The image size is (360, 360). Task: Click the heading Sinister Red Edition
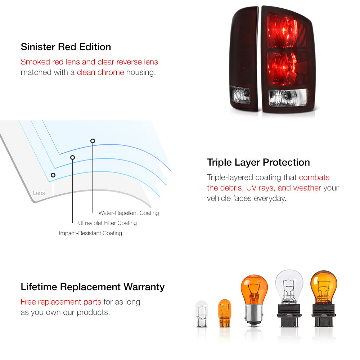[66, 47]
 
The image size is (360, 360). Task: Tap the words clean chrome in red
[100, 72]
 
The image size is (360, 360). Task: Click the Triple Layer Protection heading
[258, 163]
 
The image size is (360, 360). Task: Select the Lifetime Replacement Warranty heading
[93, 287]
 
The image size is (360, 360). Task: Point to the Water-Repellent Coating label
[129, 213]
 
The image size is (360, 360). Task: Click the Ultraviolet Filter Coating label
[107, 223]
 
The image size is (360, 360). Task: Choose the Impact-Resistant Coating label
[90, 233]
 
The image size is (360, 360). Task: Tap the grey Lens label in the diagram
[39, 193]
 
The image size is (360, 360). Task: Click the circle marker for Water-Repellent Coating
[93, 141]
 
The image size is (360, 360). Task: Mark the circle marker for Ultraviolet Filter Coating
[73, 158]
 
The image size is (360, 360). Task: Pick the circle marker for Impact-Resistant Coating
[53, 175]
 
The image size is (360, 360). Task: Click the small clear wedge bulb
[202, 314]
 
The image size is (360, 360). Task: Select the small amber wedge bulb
[224, 313]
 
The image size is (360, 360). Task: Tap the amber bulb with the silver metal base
[254, 300]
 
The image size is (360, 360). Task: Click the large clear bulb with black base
[289, 298]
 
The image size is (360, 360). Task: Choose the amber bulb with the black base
[323, 298]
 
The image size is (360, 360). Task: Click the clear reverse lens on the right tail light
[288, 97]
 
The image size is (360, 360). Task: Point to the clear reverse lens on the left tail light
[240, 95]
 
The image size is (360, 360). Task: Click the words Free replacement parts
[61, 302]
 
